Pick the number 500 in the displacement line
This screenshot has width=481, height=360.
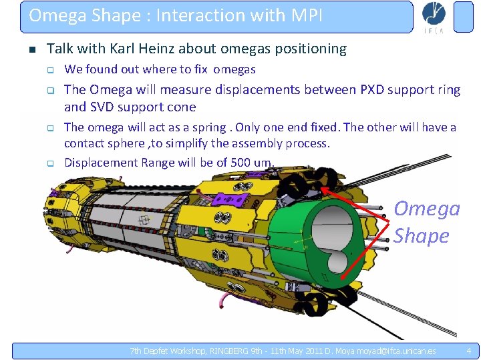[242, 162]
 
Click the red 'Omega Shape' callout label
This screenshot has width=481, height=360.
[426, 222]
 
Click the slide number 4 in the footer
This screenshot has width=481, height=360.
[468, 351]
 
